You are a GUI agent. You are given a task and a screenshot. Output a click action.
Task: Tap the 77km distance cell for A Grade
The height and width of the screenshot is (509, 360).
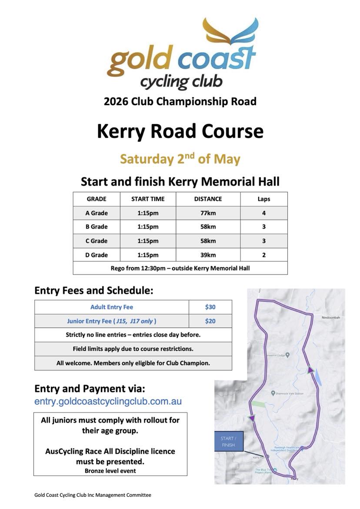[x=208, y=213]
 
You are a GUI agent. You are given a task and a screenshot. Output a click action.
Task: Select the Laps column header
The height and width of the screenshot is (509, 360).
[x=263, y=199]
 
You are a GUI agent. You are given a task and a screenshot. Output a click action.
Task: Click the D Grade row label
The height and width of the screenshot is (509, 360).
[x=97, y=255]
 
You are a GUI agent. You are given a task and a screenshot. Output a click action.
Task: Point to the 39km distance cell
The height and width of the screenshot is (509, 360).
[x=208, y=255]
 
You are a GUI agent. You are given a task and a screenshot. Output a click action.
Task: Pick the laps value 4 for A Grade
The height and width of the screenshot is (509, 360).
[x=263, y=213]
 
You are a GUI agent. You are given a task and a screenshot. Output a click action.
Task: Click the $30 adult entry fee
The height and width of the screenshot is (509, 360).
[x=210, y=307]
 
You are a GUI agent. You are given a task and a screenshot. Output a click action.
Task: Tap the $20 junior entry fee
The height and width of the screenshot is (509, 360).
[x=210, y=321]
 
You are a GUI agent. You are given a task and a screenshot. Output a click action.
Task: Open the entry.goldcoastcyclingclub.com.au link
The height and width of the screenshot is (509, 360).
[x=108, y=401]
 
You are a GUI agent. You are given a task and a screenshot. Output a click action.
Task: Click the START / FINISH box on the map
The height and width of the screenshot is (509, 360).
[x=228, y=442]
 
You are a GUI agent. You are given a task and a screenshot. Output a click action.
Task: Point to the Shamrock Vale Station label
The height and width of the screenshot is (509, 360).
[x=289, y=393]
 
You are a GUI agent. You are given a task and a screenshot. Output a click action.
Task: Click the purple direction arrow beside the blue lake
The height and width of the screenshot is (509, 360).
[x=310, y=370]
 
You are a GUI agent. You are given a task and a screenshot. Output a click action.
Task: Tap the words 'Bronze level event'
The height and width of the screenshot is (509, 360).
[x=110, y=471]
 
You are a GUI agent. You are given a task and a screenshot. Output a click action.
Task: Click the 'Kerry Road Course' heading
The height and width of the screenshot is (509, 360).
[x=180, y=131]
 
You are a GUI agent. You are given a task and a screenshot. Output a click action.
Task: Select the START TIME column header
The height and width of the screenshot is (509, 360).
[x=148, y=199]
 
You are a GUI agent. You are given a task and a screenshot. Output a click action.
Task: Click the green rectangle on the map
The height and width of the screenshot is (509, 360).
[x=258, y=404]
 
